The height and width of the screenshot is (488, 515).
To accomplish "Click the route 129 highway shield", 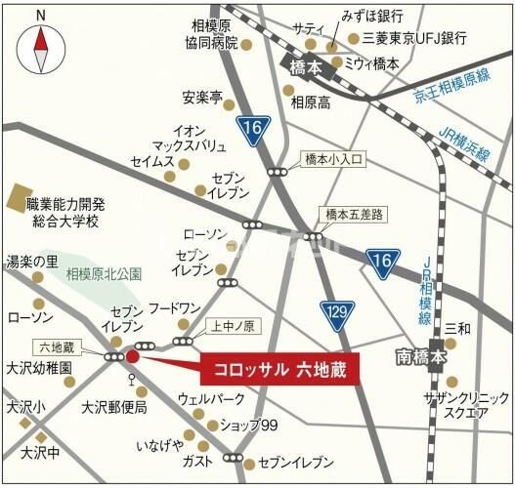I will point(336,312).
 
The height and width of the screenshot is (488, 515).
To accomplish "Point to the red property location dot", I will point(133,358).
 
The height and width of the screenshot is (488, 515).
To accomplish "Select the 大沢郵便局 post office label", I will point(114,406).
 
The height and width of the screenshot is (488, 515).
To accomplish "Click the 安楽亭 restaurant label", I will point(202,98).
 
